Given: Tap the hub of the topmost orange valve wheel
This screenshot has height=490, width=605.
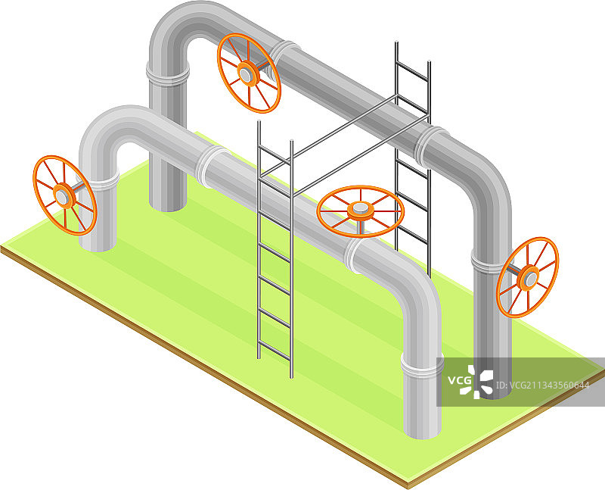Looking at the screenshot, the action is coord(246,73).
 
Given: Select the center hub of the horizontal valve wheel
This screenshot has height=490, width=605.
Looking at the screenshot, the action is coord(361,209).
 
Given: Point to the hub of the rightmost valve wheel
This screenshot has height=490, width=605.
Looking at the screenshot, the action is coord(529,278).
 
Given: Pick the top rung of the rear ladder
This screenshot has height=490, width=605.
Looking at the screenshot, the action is coord(412,71).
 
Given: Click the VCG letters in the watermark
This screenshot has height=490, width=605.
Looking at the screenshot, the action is coord(460,381).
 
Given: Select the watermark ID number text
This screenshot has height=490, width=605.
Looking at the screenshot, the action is coord(541,385).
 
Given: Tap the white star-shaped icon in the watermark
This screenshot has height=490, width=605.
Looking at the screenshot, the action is coord(477,382).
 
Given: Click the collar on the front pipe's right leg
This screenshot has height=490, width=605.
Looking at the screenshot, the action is coord(422,366).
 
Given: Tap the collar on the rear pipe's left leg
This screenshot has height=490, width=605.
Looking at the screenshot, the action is coord(168,73).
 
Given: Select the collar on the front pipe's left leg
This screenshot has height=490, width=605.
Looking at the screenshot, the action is coord(99,181).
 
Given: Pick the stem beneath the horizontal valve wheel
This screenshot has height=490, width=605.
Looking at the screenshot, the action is coord(361,227).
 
